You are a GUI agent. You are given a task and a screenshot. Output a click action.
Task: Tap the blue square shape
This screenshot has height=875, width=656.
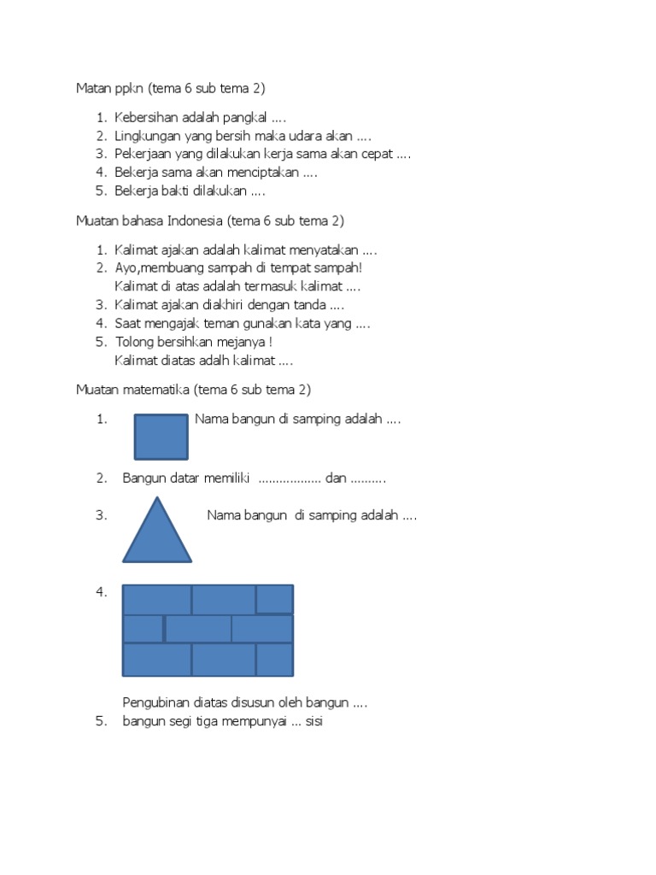pyautogui.click(x=161, y=437)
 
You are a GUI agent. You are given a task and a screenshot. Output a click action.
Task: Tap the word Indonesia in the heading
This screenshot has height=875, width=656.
pyautogui.click(x=195, y=220)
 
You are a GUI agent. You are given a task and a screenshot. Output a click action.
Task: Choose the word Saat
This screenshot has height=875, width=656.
pyautogui.click(x=129, y=323)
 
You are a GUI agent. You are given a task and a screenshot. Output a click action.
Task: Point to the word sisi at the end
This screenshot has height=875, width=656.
pyautogui.click(x=313, y=721)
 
